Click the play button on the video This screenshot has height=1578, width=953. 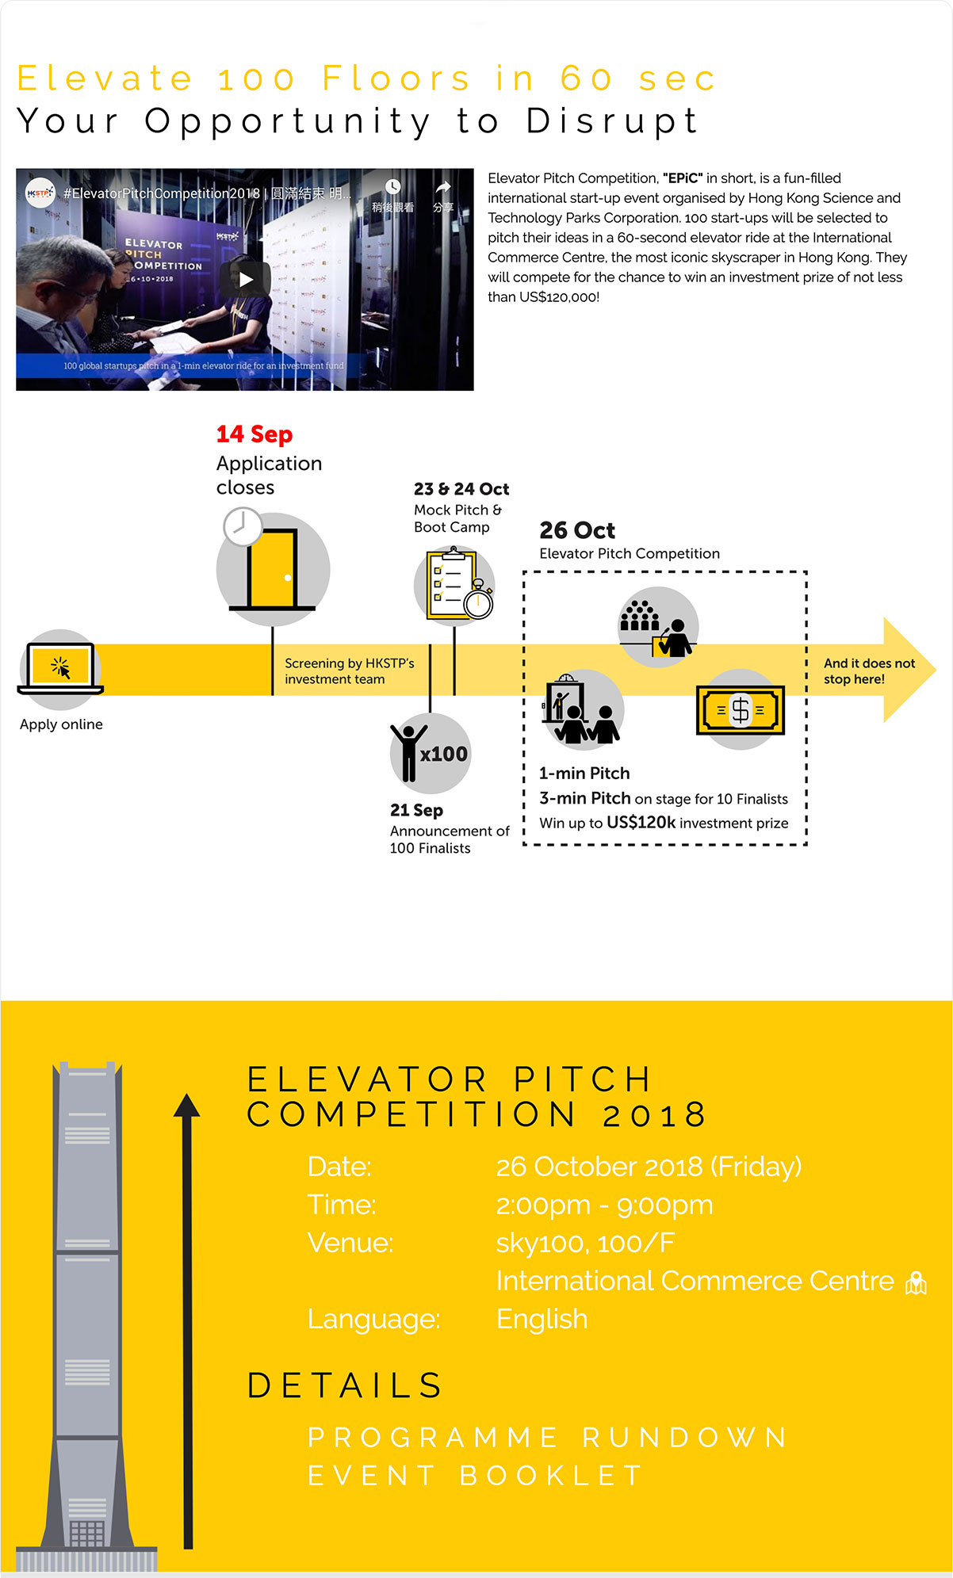point(246,279)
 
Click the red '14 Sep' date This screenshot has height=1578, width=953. point(255,434)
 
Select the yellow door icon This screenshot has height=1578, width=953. point(272,568)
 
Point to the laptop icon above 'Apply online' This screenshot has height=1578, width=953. point(61,668)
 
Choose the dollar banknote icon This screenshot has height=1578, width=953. point(740,709)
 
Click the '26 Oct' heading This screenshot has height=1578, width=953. point(577,530)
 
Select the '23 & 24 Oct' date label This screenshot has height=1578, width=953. point(461,489)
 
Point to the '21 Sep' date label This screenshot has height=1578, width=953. point(416,810)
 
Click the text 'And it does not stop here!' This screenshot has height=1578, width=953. point(868,671)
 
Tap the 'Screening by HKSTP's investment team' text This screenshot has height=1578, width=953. point(349,671)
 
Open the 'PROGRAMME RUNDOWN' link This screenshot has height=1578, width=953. point(547,1438)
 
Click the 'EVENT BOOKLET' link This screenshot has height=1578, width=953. point(475,1476)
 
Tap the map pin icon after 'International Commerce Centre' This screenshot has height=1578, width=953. point(916,1282)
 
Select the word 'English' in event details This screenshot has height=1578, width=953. point(542,1320)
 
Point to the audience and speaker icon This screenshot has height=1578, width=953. point(657,626)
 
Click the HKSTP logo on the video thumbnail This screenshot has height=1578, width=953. point(40,193)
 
